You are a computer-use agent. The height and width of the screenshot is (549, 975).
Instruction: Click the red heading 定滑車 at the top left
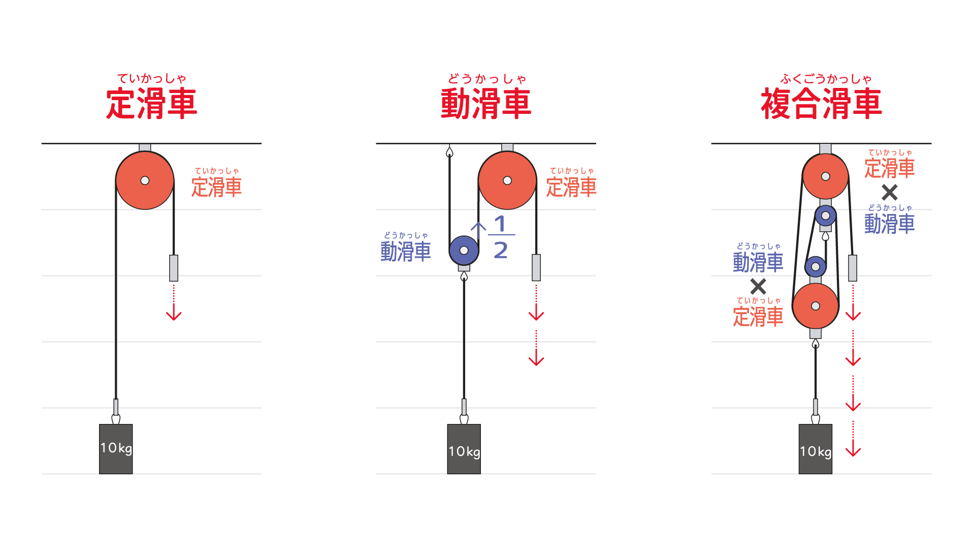pyautogui.click(x=151, y=104)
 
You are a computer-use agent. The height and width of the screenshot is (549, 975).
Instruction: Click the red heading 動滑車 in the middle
pyautogui.click(x=486, y=104)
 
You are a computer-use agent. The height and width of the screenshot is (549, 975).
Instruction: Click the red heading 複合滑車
pyautogui.click(x=821, y=104)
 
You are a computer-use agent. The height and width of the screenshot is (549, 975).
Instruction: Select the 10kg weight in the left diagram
pyautogui.click(x=116, y=449)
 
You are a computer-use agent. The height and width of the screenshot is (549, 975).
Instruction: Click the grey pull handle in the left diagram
pyautogui.click(x=174, y=268)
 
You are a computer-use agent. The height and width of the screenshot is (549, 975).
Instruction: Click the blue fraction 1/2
pyautogui.click(x=501, y=237)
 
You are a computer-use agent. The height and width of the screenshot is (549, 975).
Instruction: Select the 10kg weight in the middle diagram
pyautogui.click(x=464, y=449)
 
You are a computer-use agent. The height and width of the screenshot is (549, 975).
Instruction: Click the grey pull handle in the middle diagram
pyautogui.click(x=536, y=267)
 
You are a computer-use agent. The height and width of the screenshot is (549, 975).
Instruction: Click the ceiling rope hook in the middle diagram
pyautogui.click(x=449, y=151)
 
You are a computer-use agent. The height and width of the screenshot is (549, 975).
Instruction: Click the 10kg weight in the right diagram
pyautogui.click(x=816, y=449)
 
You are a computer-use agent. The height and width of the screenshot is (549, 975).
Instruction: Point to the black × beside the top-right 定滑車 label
pyautogui.click(x=890, y=192)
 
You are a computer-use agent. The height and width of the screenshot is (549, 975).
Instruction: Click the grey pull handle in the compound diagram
pyautogui.click(x=853, y=268)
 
